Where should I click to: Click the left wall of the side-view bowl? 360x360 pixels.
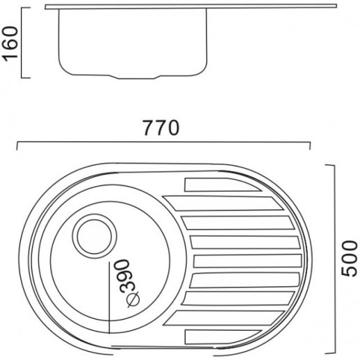(60, 42)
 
